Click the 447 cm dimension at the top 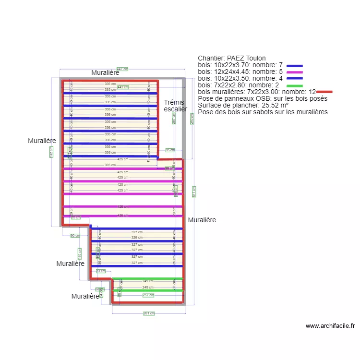pyautogui.click(x=122, y=69)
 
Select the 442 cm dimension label pyautogui.click(x=123, y=87)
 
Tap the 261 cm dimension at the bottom pyautogui.click(x=149, y=313)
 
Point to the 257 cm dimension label pyautogui.click(x=148, y=295)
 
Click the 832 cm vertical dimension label pyautogui.click(x=51, y=152)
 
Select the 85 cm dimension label pyautogui.click(x=170, y=150)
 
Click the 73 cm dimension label pyautogui.click(x=100, y=271)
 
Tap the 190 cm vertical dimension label pyautogui.click(x=80, y=252)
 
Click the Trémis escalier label pyautogui.click(x=175, y=106)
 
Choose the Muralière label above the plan pyautogui.click(x=105, y=72)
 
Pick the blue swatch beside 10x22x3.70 pyautogui.click(x=295, y=65)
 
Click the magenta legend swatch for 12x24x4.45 pyautogui.click(x=295, y=72)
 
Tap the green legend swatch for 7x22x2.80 pyautogui.click(x=295, y=85)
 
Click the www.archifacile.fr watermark pyautogui.click(x=330, y=325)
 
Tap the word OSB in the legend pyautogui.click(x=257, y=98)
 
